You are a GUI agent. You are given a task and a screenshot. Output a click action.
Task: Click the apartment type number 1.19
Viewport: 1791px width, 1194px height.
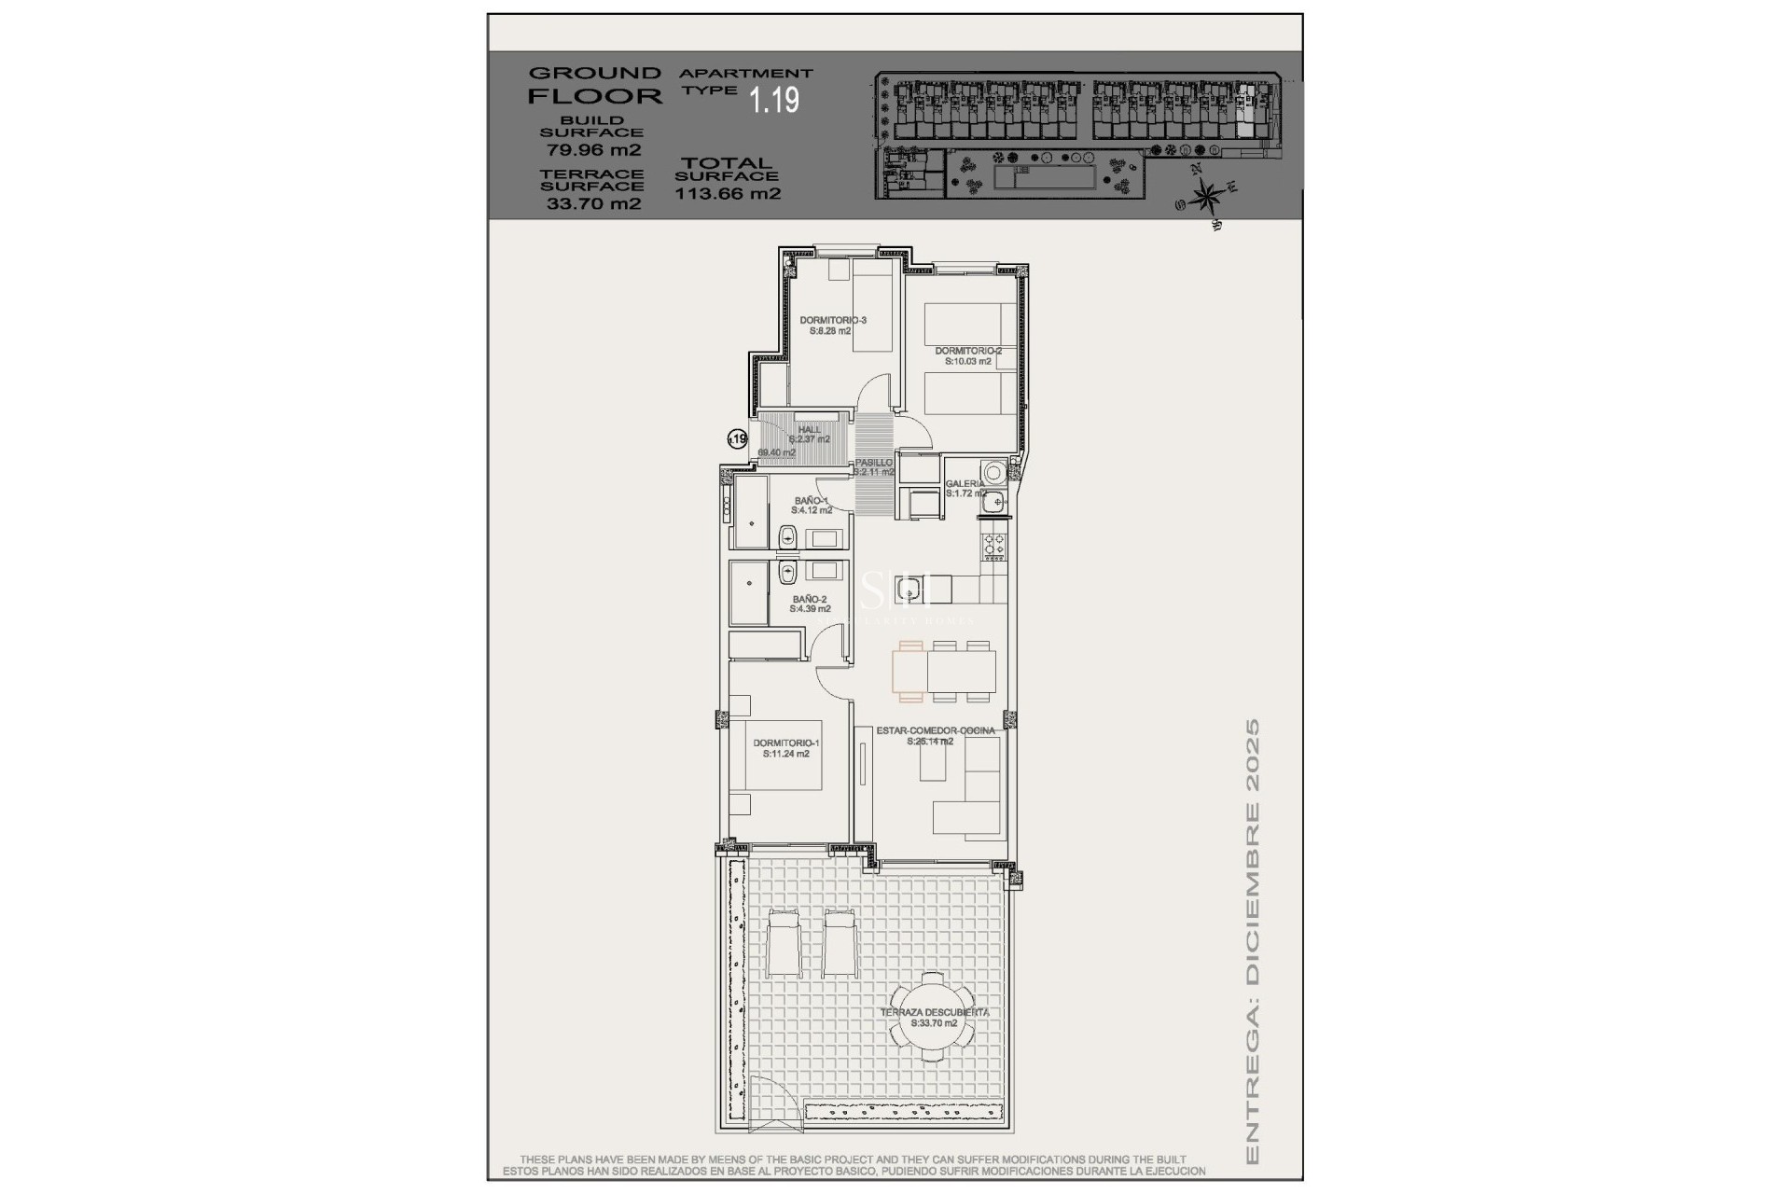coord(775,100)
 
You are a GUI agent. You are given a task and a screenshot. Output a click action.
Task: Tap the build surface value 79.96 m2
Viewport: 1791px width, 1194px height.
coord(593,149)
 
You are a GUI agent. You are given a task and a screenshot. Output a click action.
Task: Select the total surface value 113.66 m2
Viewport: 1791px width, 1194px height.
coord(728,194)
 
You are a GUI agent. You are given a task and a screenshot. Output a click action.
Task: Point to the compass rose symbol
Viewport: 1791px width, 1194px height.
coord(1207,196)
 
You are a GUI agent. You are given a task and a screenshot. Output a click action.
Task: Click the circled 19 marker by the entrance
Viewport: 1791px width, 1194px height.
coord(737,437)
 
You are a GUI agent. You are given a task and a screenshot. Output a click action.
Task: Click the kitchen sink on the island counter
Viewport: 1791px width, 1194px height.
coord(907,589)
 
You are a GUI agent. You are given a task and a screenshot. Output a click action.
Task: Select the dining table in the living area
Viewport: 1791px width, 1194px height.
coord(945,671)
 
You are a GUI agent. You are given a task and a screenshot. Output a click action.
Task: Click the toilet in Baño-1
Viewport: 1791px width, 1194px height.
coord(787,536)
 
